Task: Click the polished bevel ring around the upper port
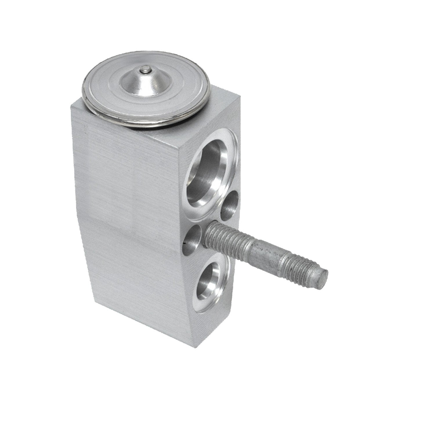point(229,162)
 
